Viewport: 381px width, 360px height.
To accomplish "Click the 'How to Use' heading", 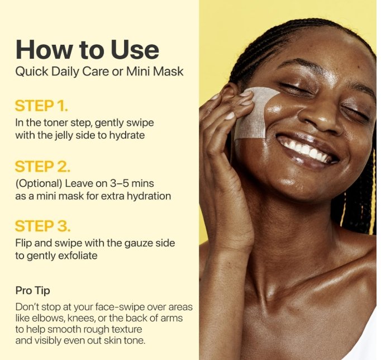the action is (x=87, y=49).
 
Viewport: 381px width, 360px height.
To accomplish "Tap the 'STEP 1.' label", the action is (x=41, y=106).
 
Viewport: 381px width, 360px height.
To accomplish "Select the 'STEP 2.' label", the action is (x=42, y=167).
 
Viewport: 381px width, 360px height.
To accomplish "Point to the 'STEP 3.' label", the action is (x=42, y=226).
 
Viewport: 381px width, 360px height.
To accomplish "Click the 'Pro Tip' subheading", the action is (x=32, y=291).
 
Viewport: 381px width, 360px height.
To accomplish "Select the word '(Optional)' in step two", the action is (x=39, y=183).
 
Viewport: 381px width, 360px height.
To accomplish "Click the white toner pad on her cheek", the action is (x=254, y=114).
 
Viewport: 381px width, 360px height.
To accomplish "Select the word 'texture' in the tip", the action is (x=127, y=329).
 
